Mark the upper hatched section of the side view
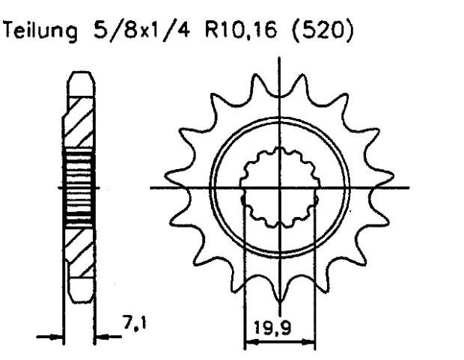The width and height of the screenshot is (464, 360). pos(78,120)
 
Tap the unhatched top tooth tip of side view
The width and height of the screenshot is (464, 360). pos(78,81)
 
